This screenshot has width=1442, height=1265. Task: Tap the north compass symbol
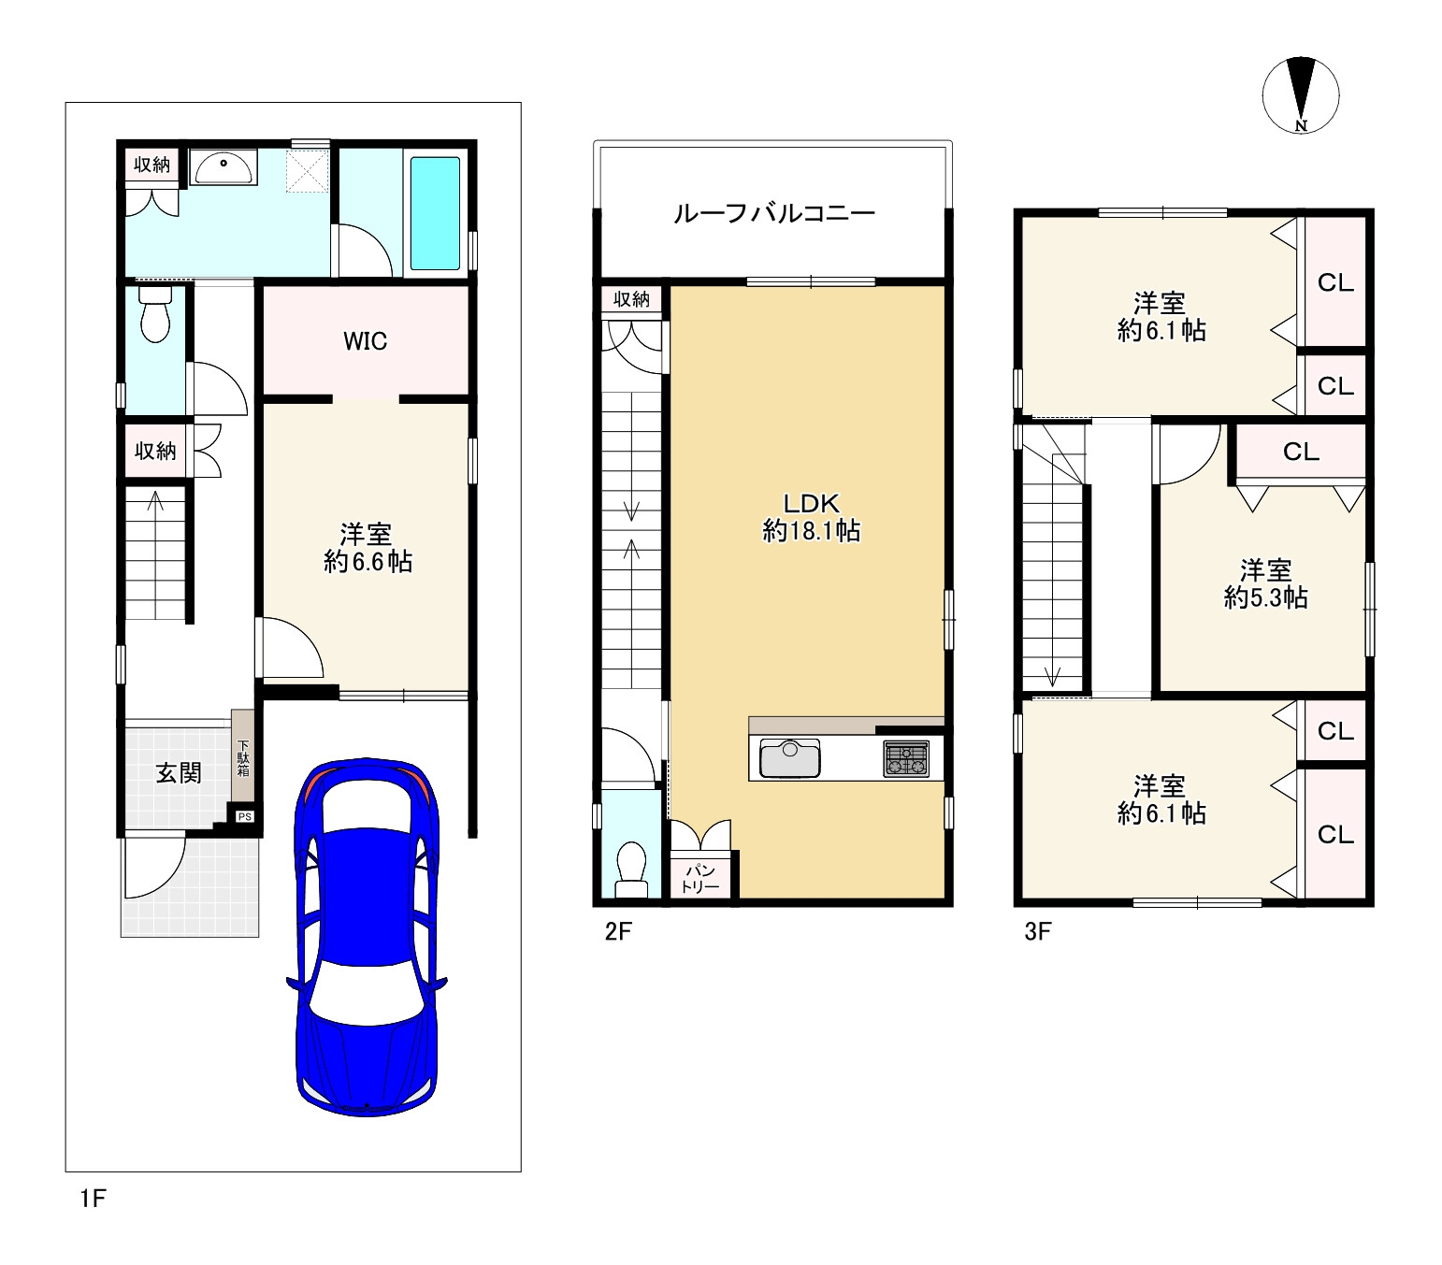pyautogui.click(x=1301, y=95)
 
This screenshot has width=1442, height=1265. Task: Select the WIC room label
pyautogui.click(x=365, y=341)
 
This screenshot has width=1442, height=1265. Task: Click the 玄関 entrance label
pyautogui.click(x=179, y=772)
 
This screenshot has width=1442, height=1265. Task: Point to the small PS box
pyautogui.click(x=244, y=816)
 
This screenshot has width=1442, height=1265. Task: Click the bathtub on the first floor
pyautogui.click(x=435, y=213)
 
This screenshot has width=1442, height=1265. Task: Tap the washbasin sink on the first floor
pyautogui.click(x=223, y=168)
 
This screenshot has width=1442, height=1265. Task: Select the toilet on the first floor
pyautogui.click(x=155, y=313)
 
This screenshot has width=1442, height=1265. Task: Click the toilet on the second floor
pyautogui.click(x=630, y=870)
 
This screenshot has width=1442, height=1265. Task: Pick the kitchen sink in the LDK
pyautogui.click(x=790, y=757)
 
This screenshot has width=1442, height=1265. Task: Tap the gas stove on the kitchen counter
pyautogui.click(x=906, y=758)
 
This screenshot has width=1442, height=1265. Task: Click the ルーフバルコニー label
pyautogui.click(x=773, y=213)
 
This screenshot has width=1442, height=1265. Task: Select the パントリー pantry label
pyautogui.click(x=700, y=879)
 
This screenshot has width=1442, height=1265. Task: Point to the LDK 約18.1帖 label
pyautogui.click(x=812, y=517)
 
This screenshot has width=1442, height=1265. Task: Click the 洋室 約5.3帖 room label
pyautogui.click(x=1265, y=584)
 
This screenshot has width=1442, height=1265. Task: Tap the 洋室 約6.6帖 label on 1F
pyautogui.click(x=368, y=548)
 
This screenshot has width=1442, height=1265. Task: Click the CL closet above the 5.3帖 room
pyautogui.click(x=1301, y=451)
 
